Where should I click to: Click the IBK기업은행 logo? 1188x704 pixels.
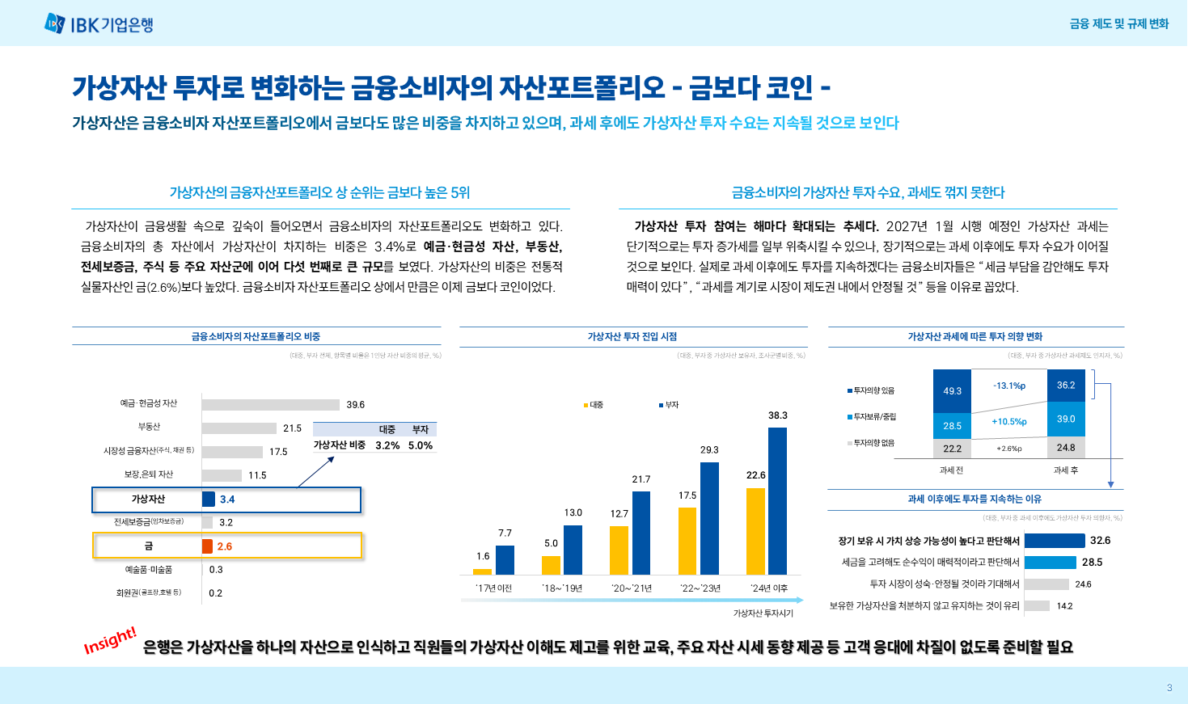(x=99, y=24)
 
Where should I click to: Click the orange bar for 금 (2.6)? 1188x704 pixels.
(x=208, y=546)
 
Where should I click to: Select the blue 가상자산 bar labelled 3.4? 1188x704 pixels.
(x=209, y=500)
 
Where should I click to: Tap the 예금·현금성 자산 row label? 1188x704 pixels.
(x=149, y=403)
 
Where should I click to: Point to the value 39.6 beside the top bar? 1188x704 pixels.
(x=356, y=405)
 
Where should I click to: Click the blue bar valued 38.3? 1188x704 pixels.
(x=777, y=500)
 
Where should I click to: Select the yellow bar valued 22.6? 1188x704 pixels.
(x=755, y=531)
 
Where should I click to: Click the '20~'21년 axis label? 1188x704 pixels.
(x=632, y=588)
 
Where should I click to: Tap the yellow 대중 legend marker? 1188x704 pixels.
(x=586, y=405)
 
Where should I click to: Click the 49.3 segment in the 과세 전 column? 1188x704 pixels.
(x=953, y=391)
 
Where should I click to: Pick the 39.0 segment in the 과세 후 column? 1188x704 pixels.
(x=1066, y=419)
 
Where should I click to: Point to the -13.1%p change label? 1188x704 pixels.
(x=1009, y=386)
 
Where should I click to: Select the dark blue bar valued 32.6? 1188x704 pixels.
(x=1054, y=541)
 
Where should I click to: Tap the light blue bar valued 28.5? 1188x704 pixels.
(x=1050, y=563)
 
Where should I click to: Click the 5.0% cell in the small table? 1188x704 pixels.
(x=421, y=445)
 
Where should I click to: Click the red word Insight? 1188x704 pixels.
(x=110, y=640)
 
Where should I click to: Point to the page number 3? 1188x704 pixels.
(x=1169, y=688)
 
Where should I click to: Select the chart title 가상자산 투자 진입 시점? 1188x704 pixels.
(x=632, y=336)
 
